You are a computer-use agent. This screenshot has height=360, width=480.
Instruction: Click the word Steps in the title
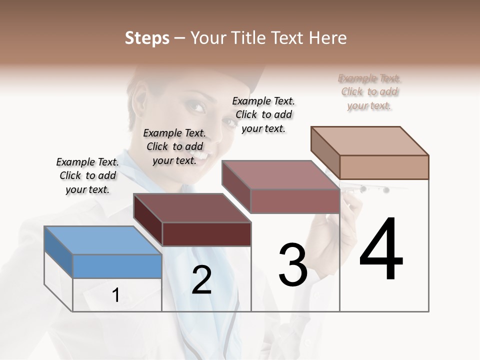pos(147,38)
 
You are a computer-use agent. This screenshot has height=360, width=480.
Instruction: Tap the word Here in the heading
pos(328,38)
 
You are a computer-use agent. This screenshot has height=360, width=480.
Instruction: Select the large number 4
pos(381,250)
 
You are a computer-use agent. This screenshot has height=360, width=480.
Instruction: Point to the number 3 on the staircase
pos(292,265)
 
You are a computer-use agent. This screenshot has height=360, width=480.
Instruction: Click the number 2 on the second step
pos(201,280)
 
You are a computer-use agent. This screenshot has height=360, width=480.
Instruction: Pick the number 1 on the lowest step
pos(115,295)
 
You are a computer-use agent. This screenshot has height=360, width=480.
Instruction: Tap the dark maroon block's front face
pos(206,234)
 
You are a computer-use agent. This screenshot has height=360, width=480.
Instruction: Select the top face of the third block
pos(280,175)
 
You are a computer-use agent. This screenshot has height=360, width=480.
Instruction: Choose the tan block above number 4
pos(383,166)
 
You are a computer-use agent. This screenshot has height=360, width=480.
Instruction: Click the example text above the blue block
pos(87,175)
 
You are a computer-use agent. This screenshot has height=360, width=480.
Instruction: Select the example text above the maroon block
pos(174,146)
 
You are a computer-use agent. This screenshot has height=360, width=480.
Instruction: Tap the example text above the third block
pos(263,114)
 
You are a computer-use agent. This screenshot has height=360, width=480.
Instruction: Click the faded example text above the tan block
pos(369,91)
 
